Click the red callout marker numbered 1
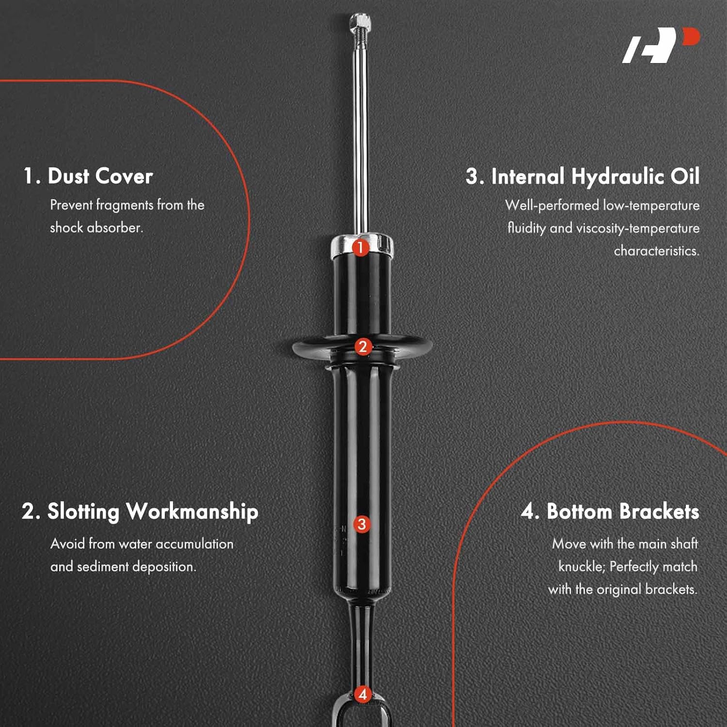360,248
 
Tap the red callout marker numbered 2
363,347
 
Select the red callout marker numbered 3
362,524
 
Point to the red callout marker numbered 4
363,694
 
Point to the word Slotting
83,512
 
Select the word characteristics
656,251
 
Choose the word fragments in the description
125,205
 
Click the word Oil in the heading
685,177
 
